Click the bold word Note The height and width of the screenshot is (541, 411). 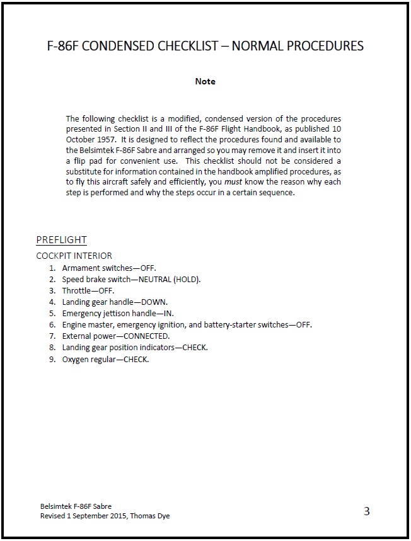tap(205, 81)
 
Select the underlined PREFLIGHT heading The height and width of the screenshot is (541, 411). tap(61, 240)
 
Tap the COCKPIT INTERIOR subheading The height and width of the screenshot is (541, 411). tap(74, 256)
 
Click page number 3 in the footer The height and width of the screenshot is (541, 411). tap(366, 511)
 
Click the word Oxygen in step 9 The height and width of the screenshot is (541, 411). tap(76, 359)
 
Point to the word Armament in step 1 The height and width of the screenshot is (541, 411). tap(80, 268)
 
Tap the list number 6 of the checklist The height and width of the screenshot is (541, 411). tap(52, 324)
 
